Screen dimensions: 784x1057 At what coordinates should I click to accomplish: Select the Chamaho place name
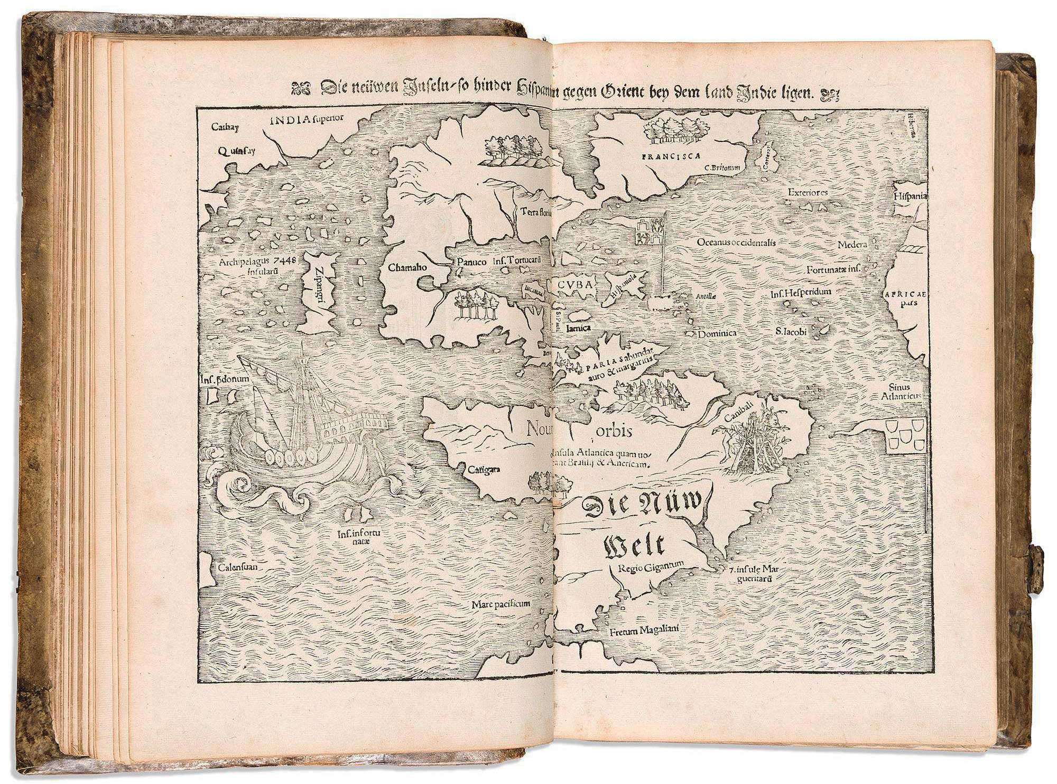(x=408, y=267)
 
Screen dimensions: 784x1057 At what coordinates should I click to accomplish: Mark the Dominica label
(x=717, y=334)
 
